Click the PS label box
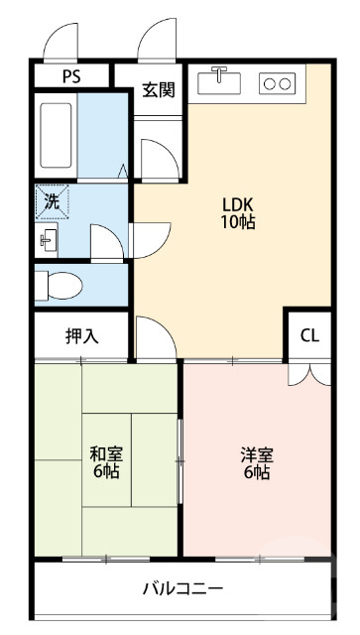(71, 76)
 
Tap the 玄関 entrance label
(158, 89)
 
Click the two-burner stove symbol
(277, 84)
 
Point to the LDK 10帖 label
(238, 214)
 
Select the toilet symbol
(59, 286)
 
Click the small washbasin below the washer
(47, 239)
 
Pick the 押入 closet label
(82, 335)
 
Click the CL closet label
(309, 335)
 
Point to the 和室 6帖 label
(106, 462)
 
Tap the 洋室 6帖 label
(257, 462)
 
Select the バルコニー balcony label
(181, 587)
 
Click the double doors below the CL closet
(309, 374)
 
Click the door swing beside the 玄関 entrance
(156, 157)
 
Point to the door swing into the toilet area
(104, 241)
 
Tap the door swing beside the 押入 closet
(151, 337)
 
